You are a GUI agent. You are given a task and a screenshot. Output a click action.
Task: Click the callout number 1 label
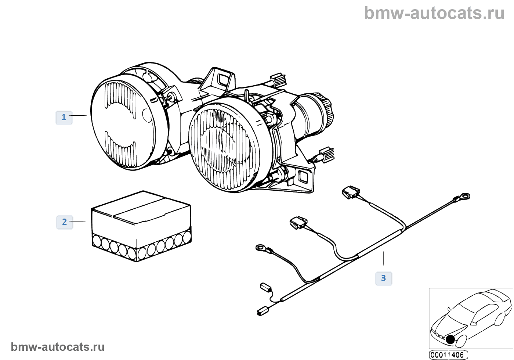click(64, 118)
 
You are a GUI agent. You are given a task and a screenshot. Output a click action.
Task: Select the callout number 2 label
click(65, 222)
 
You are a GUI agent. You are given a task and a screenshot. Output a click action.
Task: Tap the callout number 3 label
click(384, 278)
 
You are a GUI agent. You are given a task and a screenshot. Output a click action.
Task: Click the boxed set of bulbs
click(141, 226)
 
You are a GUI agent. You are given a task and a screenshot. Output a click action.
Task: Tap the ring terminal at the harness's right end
click(465, 197)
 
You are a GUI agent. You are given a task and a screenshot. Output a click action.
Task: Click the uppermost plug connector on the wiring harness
click(351, 192)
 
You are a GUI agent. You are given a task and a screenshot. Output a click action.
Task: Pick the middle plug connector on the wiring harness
click(298, 222)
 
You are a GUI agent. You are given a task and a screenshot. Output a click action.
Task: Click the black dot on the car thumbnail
click(450, 339)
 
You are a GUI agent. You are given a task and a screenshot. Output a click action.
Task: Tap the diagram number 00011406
click(448, 355)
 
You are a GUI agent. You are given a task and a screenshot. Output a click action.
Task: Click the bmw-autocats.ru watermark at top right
click(434, 13)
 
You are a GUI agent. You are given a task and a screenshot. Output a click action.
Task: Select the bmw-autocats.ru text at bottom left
click(58, 347)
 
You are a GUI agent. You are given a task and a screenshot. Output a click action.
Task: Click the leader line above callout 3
click(383, 258)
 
